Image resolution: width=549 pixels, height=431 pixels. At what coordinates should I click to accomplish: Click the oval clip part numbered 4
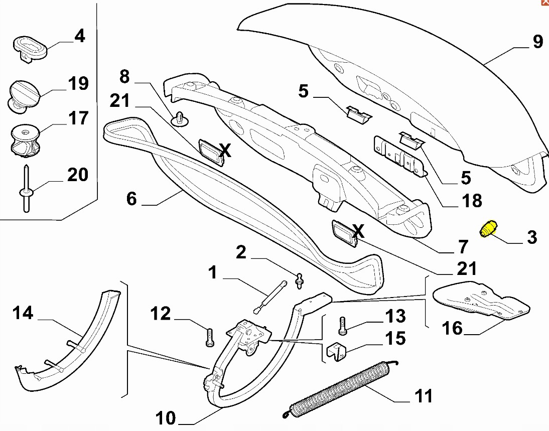pos(29,48)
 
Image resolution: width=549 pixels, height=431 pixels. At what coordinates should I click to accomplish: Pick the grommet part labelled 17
pos(25,138)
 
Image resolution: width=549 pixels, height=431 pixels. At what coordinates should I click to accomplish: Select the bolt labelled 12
pos(210,336)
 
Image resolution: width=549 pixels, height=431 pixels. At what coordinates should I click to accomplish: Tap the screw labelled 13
pos(343,325)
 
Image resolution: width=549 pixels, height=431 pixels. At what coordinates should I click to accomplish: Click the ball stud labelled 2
pos(300,281)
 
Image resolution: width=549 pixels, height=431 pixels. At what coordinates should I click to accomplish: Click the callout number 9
pos(537,41)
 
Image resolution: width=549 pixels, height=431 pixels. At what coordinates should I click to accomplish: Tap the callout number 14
pos(23,313)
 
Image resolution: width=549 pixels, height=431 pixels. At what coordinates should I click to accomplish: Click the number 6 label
pos(131,199)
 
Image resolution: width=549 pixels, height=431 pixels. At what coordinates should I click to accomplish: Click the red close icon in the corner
pos(544,3)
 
